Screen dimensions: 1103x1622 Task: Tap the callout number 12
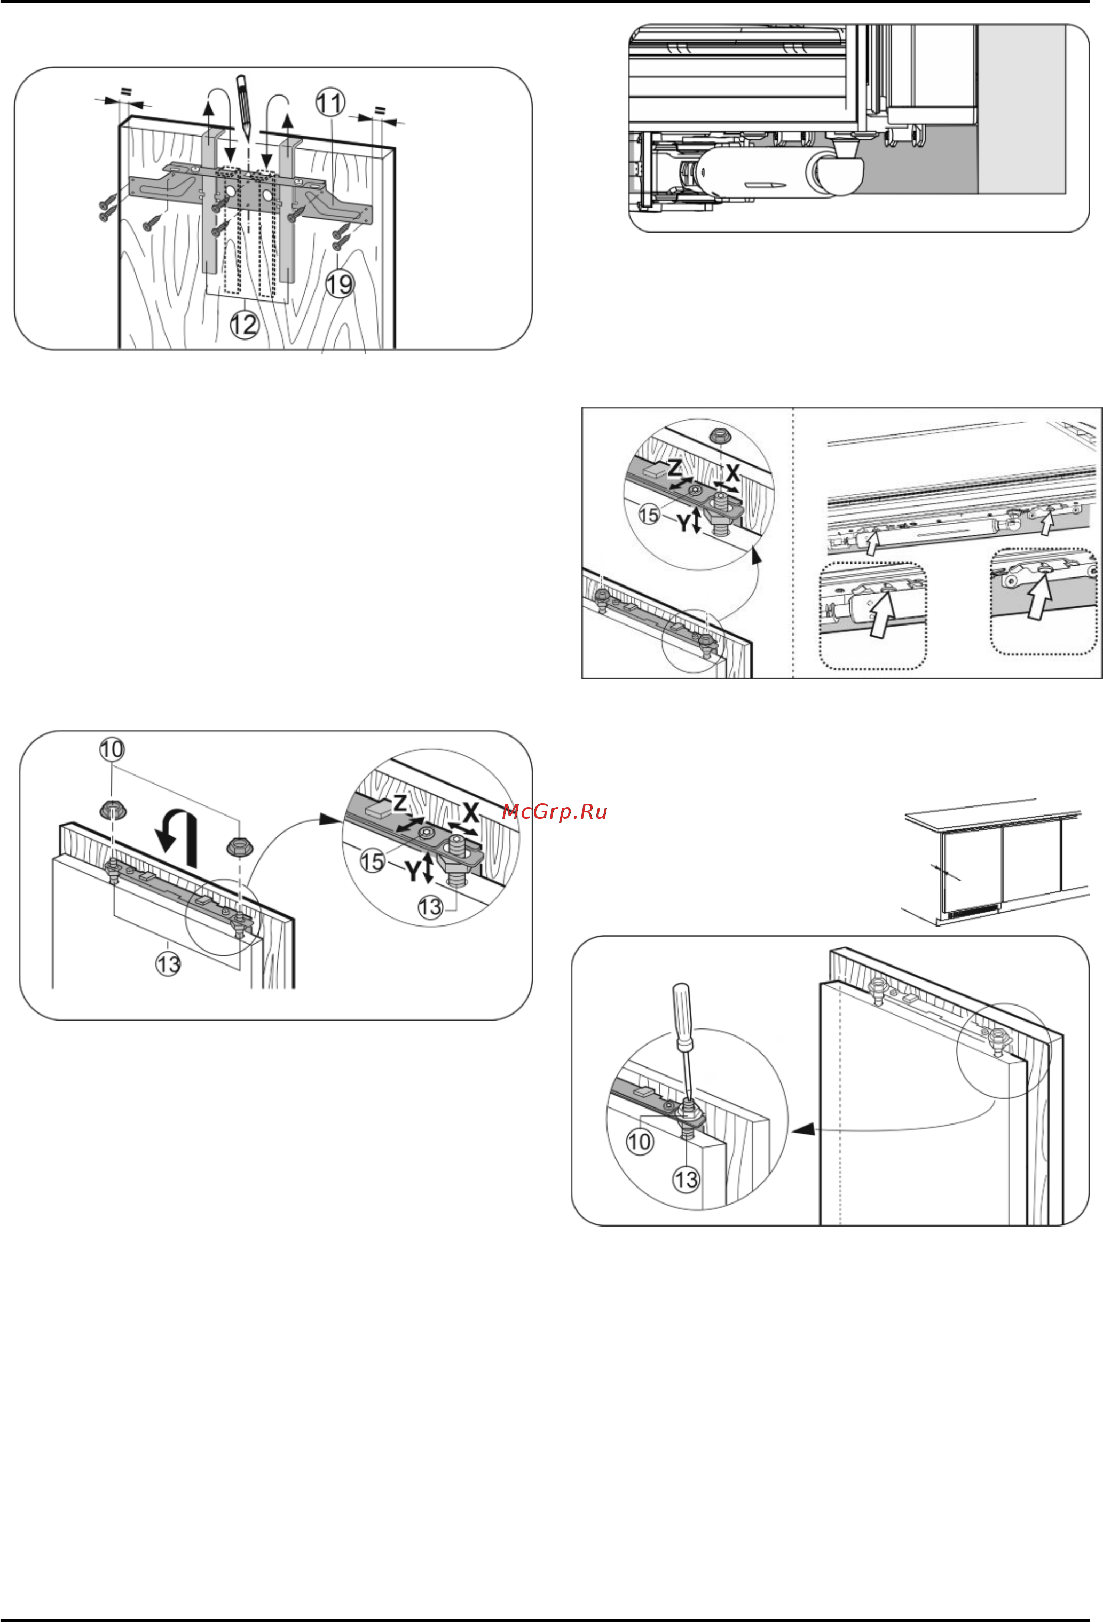(245, 324)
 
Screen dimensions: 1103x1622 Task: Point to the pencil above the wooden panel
(243, 105)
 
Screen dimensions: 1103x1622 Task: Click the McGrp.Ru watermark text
(554, 812)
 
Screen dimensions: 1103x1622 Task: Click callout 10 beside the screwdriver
(639, 1142)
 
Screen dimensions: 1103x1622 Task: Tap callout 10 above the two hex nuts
(112, 749)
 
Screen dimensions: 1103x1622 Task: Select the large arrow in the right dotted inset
(1039, 594)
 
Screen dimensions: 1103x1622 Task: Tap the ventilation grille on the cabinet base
(972, 910)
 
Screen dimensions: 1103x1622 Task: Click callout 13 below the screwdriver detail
(685, 1180)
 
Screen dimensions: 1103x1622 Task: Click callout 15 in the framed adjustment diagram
(649, 515)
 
